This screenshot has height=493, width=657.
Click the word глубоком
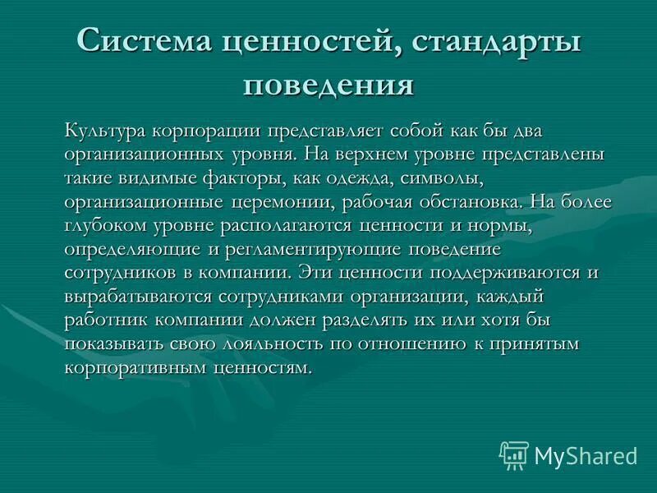click(x=103, y=225)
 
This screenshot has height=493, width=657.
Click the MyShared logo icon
click(x=514, y=454)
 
